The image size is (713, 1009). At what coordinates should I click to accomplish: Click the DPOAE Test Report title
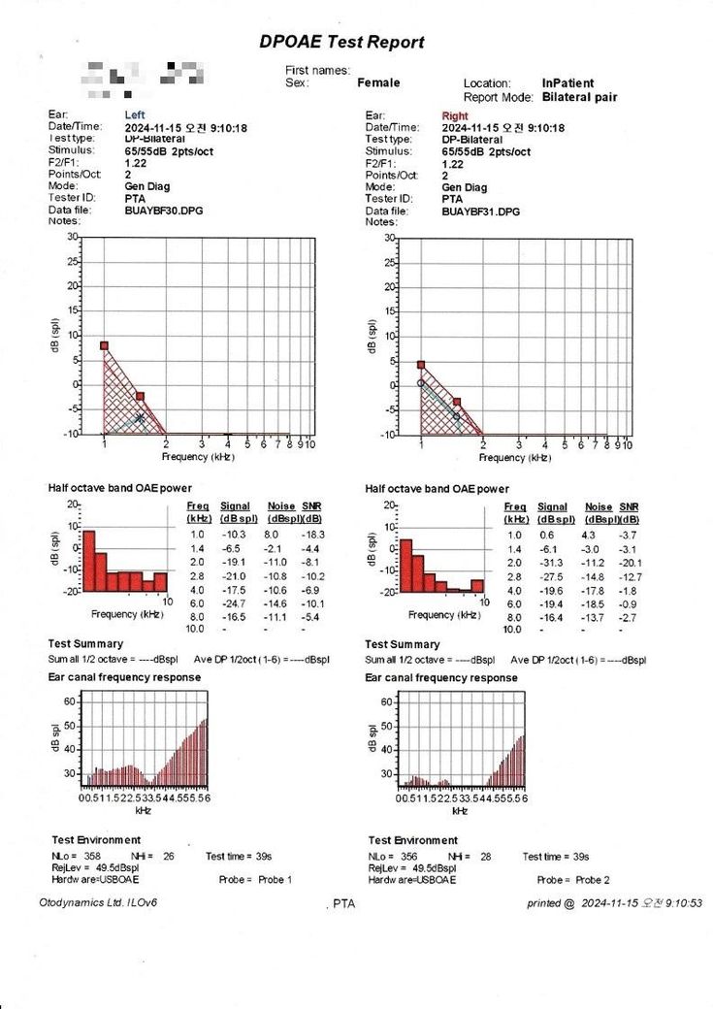(x=341, y=43)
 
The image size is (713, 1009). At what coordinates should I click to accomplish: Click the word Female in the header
(x=378, y=83)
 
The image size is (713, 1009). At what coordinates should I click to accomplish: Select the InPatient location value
(x=567, y=83)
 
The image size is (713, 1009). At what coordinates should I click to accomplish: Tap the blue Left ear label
(x=135, y=115)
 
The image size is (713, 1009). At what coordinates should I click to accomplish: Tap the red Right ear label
(x=454, y=116)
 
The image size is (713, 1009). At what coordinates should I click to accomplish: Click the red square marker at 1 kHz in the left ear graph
(x=104, y=345)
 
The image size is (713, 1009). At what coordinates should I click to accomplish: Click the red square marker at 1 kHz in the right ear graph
(x=421, y=365)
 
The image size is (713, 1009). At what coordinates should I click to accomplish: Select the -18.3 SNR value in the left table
(x=311, y=535)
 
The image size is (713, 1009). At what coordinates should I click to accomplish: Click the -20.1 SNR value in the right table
(x=629, y=563)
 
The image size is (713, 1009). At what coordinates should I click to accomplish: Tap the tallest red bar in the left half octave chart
(x=88, y=560)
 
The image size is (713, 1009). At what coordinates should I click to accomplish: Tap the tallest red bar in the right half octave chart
(x=406, y=565)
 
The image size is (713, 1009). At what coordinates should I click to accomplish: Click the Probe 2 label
(x=590, y=880)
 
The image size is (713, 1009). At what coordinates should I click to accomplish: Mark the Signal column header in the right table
(x=552, y=507)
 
